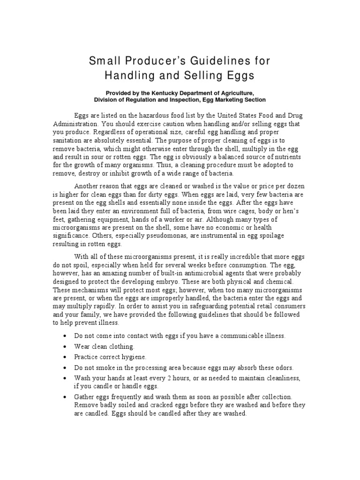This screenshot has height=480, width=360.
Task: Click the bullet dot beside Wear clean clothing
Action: (x=64, y=346)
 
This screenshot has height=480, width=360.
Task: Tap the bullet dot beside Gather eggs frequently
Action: (x=64, y=397)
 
